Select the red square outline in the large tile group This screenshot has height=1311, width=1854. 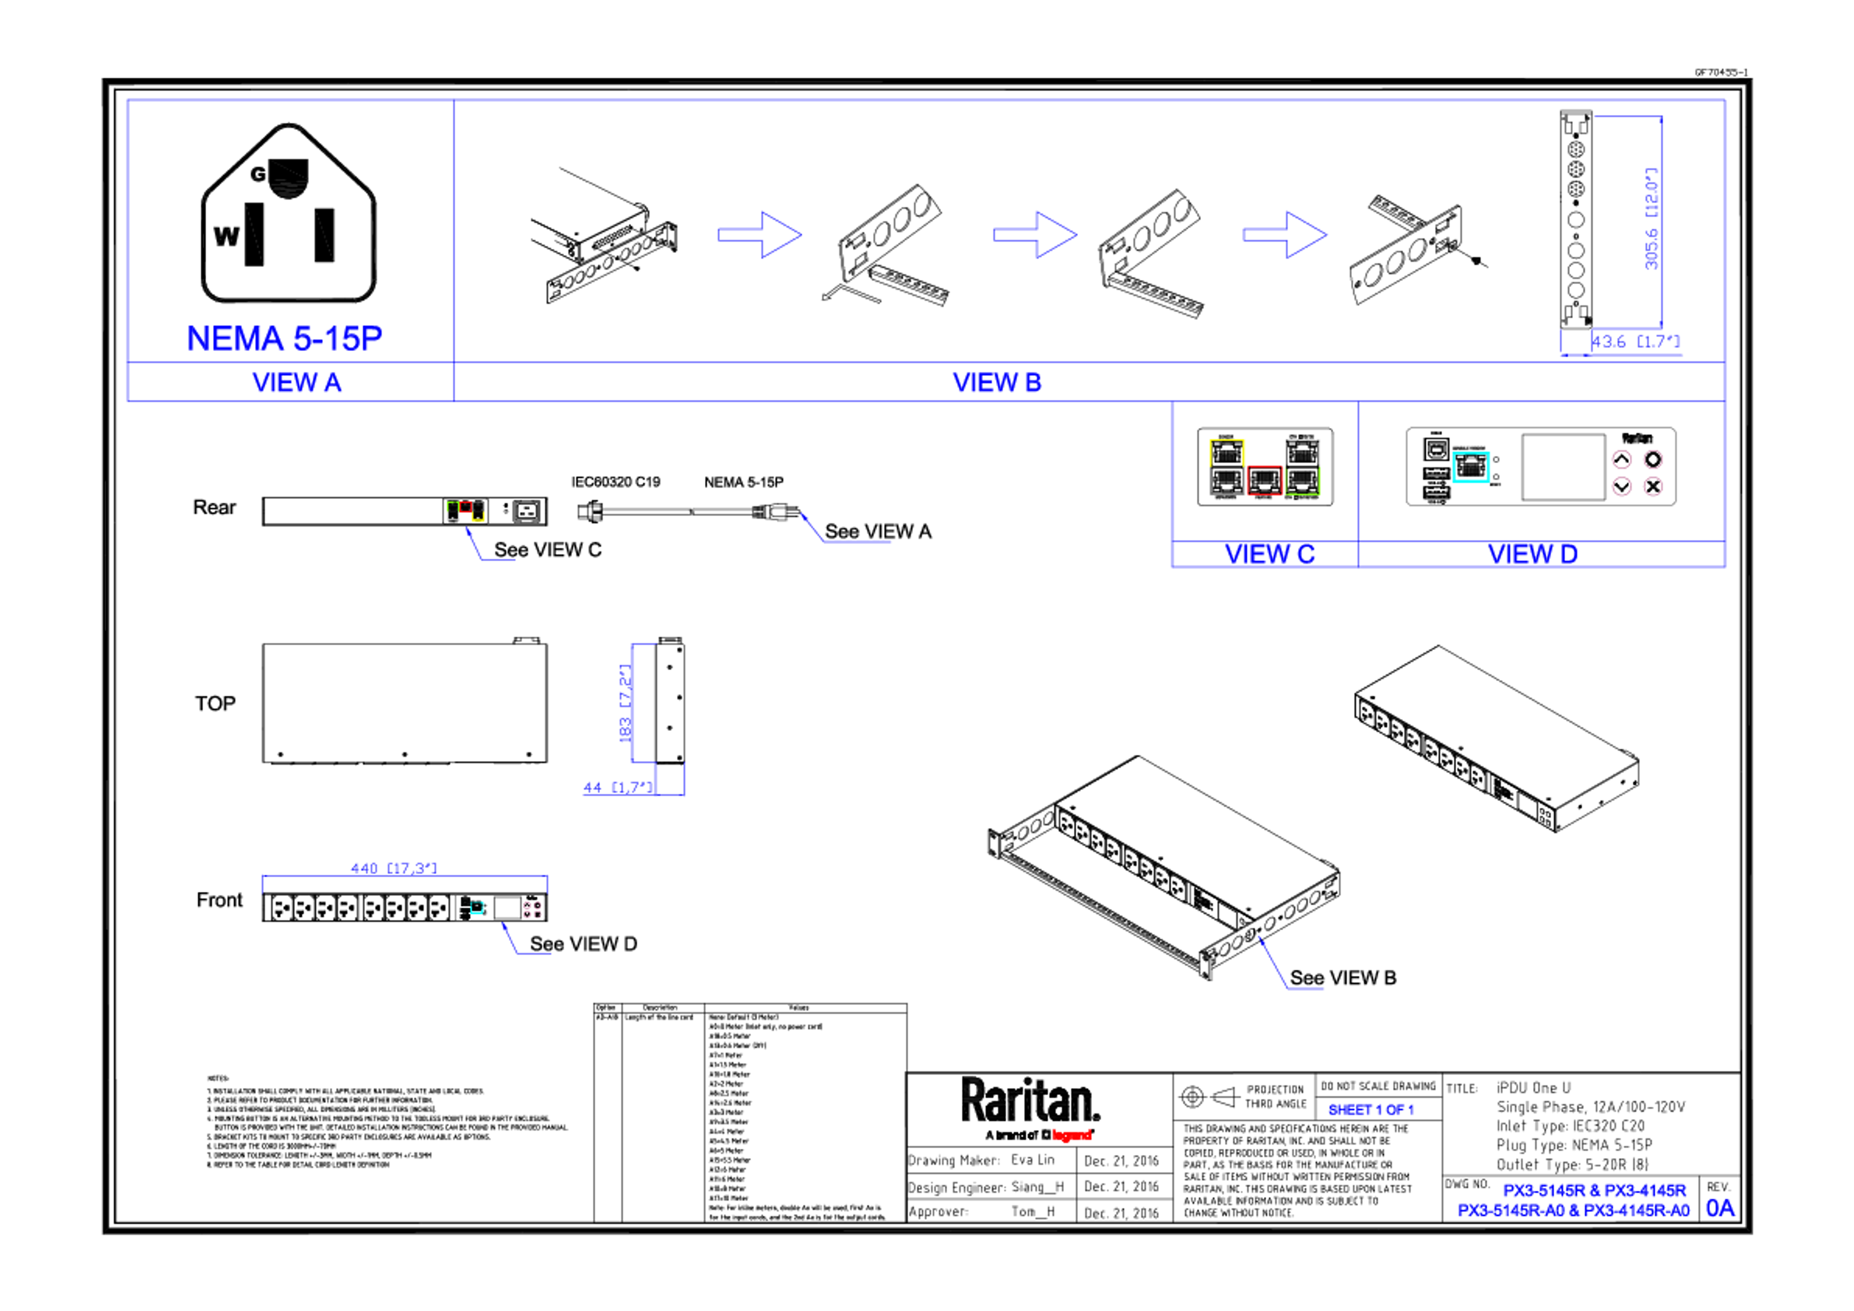click(1264, 480)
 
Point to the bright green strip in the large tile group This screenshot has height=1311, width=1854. click(1325, 482)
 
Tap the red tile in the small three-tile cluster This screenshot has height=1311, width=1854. click(466, 512)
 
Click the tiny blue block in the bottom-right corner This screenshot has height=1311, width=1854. click(1722, 1209)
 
